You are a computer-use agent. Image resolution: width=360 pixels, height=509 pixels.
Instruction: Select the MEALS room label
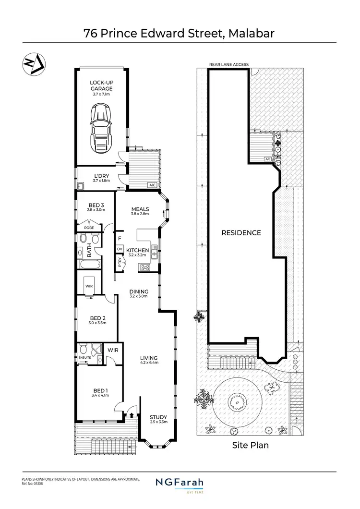[140, 209]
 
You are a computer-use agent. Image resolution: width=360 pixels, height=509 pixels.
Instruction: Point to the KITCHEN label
[137, 251]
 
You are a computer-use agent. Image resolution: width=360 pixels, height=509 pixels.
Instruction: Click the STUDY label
[158, 417]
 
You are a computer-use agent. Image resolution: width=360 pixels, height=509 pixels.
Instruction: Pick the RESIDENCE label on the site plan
[241, 233]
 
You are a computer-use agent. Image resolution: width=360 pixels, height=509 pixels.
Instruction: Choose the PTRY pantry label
[120, 262]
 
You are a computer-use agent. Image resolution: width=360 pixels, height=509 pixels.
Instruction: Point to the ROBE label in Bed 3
[89, 228]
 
